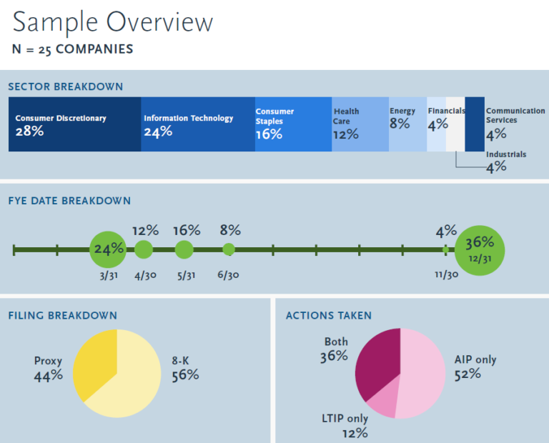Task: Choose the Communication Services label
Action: tap(515, 116)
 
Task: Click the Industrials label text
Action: tap(506, 154)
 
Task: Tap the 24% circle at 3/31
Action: tap(109, 249)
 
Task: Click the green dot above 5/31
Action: tap(184, 249)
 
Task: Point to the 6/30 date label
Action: tap(229, 276)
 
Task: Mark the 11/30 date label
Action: tap(447, 276)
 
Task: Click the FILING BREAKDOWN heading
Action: tap(62, 315)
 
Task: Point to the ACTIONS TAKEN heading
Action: tap(328, 315)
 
